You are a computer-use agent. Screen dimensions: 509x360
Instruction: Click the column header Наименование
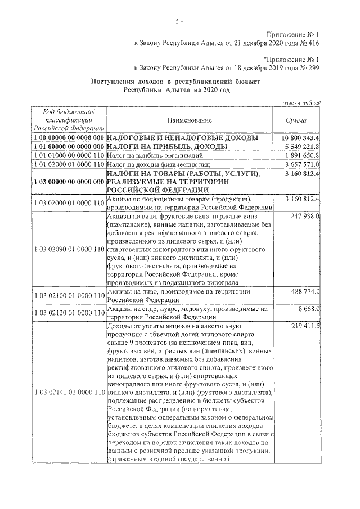pyautogui.click(x=189, y=120)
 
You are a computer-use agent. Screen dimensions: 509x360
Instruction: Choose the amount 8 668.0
pyautogui.click(x=309, y=309)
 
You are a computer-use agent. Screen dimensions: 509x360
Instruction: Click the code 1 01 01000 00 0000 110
pyautogui.click(x=69, y=155)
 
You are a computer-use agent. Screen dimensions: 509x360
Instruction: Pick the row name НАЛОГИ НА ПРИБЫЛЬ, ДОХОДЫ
pyautogui.click(x=166, y=146)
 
